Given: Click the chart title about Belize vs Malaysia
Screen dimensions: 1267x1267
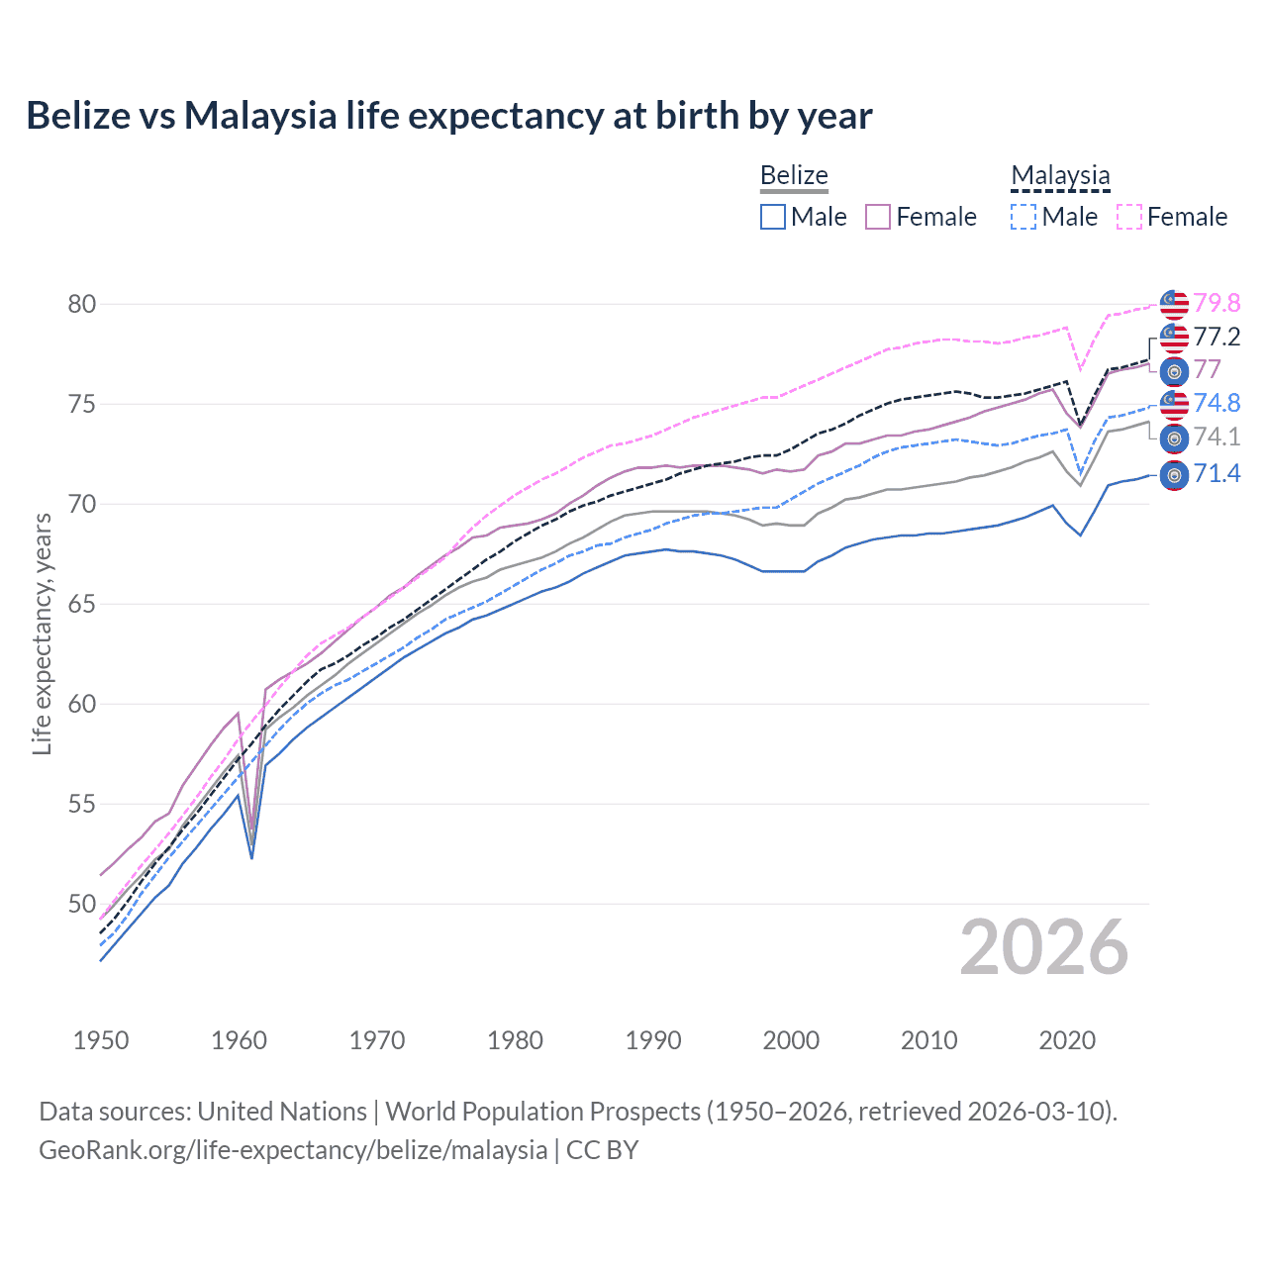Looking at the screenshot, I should (448, 116).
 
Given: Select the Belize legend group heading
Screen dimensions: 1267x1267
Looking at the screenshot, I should (794, 175).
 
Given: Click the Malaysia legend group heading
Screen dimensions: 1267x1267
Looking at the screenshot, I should (1060, 175).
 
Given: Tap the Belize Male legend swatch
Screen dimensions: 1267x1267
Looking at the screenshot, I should (773, 217).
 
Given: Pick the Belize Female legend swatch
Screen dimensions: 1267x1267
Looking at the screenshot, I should (878, 217).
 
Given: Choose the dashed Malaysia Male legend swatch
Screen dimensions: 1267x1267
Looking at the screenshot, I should (1023, 217).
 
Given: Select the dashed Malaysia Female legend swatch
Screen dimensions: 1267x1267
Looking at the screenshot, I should (1129, 217).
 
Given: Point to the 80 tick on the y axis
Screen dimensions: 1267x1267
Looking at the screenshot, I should (82, 304).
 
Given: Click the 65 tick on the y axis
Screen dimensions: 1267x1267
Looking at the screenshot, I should (82, 604).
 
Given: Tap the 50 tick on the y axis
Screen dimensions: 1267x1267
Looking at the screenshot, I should (82, 904).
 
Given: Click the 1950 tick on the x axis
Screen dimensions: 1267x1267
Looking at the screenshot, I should (101, 1040).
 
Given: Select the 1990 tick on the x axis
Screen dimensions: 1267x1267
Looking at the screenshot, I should (653, 1040).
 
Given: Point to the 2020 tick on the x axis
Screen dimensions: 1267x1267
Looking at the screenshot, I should (1067, 1040).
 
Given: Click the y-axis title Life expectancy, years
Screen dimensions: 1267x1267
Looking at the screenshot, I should (42, 633).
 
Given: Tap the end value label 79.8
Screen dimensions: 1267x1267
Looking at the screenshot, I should (1217, 303).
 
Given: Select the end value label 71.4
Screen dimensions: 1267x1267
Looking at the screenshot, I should (1217, 474).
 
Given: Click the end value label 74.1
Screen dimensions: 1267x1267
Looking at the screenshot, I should (1217, 437).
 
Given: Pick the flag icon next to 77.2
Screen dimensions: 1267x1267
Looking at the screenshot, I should (1174, 338).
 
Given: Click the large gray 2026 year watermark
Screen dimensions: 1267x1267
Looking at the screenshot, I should (1044, 947).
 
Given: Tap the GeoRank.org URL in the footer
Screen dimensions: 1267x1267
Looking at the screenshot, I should (293, 1149).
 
